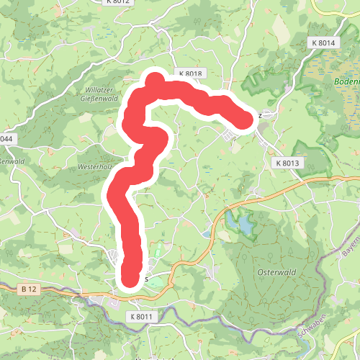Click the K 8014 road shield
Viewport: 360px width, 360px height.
coord(324,43)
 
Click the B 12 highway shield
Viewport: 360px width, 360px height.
coord(29,289)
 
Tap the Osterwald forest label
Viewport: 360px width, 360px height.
coord(273,272)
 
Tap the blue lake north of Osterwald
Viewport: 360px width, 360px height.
coord(240,225)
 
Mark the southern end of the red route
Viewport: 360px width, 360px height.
coord(130,276)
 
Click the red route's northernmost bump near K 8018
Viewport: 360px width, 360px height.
coord(155,80)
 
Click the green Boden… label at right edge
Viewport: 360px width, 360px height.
coord(346,81)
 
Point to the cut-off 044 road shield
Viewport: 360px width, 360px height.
coord(6,138)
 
